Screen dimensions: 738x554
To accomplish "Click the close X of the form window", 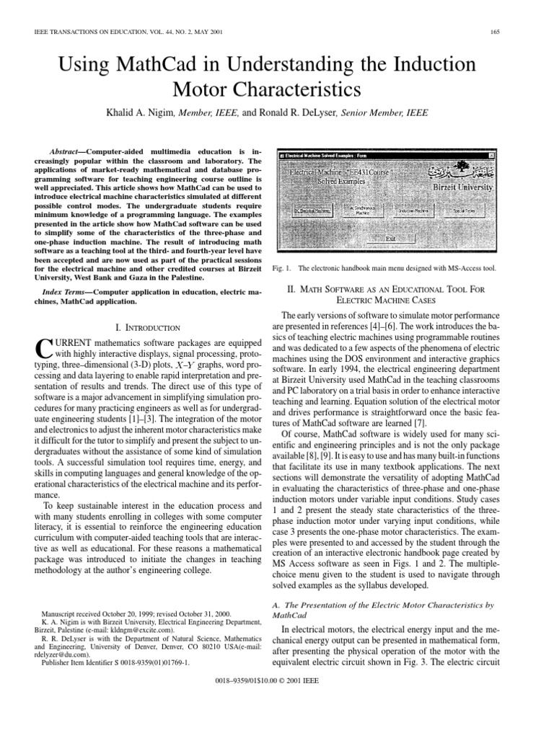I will pos(491,156).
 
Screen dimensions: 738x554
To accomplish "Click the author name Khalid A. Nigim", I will pos(146,113).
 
